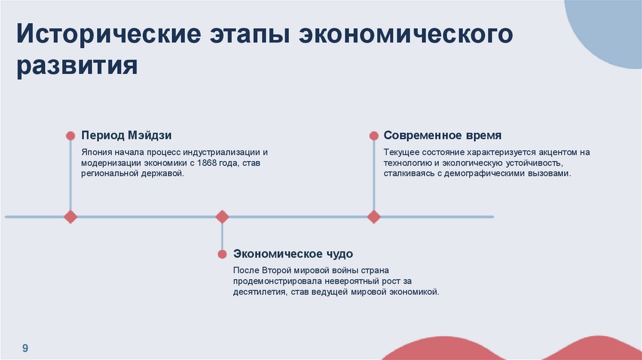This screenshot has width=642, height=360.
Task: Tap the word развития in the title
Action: click(x=77, y=65)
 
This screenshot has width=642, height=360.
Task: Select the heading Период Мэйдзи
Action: click(x=126, y=135)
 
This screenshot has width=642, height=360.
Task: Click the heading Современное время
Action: click(x=443, y=135)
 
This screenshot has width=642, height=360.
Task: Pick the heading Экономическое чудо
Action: click(x=293, y=254)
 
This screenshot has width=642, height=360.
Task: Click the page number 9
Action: click(x=26, y=348)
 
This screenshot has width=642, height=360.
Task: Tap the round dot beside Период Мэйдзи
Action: click(x=70, y=135)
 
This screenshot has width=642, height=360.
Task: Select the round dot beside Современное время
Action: click(x=374, y=135)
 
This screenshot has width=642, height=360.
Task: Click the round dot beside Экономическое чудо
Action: click(x=222, y=254)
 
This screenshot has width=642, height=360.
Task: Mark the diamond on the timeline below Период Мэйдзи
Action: click(x=70, y=217)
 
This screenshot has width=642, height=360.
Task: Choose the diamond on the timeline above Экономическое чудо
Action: click(x=222, y=217)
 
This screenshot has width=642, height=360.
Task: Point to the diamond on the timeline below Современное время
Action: click(x=374, y=217)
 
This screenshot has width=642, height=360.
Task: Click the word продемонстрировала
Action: click(x=273, y=282)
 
